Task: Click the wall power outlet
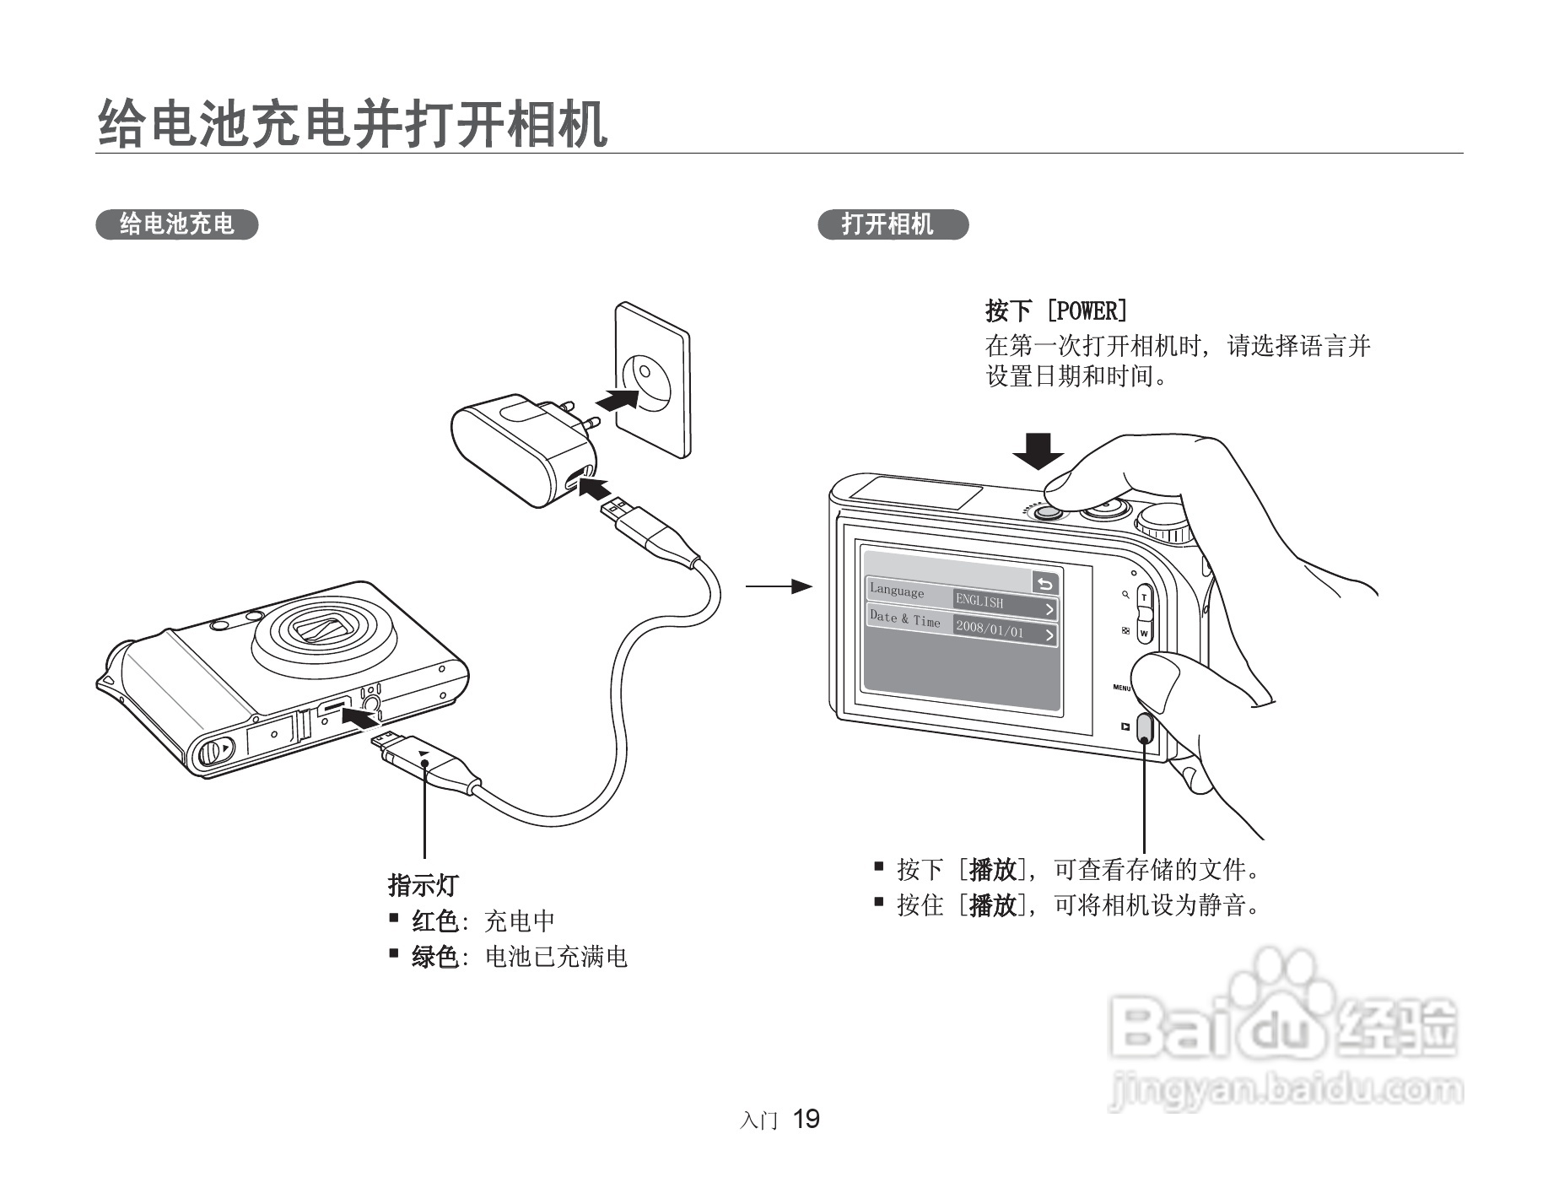point(651,380)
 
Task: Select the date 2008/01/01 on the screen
point(990,630)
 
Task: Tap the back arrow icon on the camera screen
point(1044,583)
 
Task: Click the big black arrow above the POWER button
point(1038,451)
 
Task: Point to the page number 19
point(806,1120)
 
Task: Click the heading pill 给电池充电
point(176,224)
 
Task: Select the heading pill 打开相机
point(893,224)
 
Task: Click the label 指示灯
point(423,885)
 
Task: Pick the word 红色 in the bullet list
point(434,921)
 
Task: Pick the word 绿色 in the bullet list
point(434,958)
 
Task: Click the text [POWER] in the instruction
point(1087,311)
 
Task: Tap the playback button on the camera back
point(1145,727)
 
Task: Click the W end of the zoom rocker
point(1145,632)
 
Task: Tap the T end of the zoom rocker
point(1144,597)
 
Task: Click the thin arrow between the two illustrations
point(778,586)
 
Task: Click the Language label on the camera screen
point(897,591)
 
